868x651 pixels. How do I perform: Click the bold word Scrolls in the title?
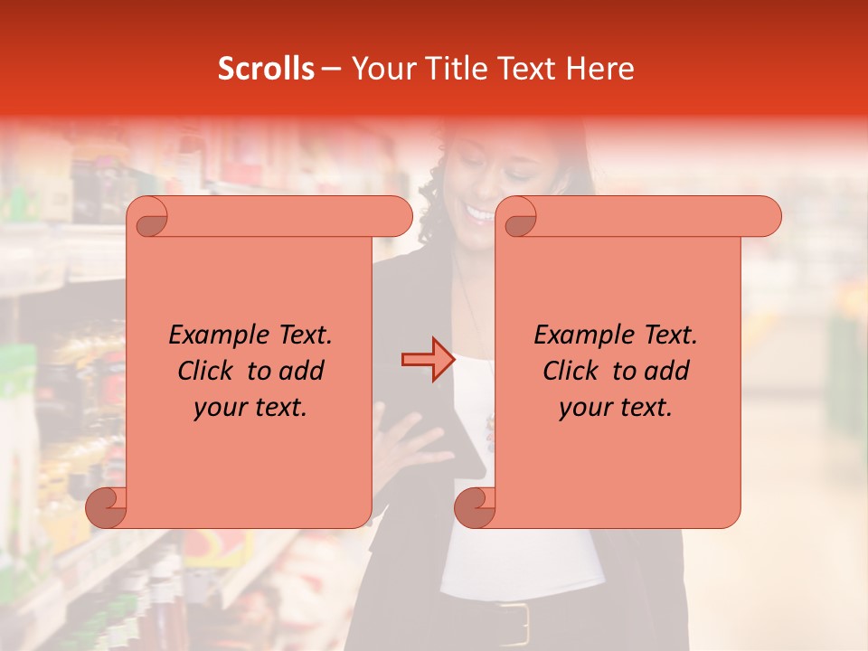266,69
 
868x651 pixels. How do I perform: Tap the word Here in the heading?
601,69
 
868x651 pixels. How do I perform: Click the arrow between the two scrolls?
427,360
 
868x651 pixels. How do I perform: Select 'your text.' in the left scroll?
250,407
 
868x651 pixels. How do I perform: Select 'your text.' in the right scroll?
616,407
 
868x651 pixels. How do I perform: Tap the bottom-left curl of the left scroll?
107,507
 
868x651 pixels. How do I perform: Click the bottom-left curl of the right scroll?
475,507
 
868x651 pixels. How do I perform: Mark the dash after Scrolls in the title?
331,70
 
